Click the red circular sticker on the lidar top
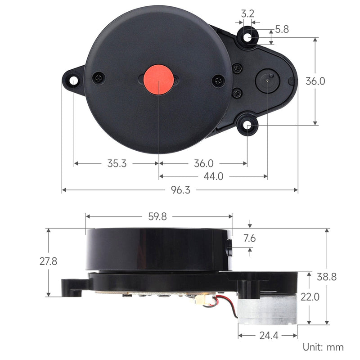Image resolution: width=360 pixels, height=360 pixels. (x=158, y=79)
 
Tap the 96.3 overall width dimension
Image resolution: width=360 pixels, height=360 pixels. (x=180, y=190)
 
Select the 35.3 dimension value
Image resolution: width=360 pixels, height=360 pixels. (x=117, y=163)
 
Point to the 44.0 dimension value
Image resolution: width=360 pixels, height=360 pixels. (x=213, y=176)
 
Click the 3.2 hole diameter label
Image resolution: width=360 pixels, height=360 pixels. (x=247, y=13)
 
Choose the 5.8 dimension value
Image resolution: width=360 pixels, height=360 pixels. (x=282, y=30)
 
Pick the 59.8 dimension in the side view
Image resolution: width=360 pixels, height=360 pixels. (x=157, y=216)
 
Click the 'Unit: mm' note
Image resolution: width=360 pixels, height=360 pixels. (x=323, y=347)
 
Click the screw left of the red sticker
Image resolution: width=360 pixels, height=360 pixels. (x=99, y=77)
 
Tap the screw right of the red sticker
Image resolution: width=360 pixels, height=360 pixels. (x=218, y=81)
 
